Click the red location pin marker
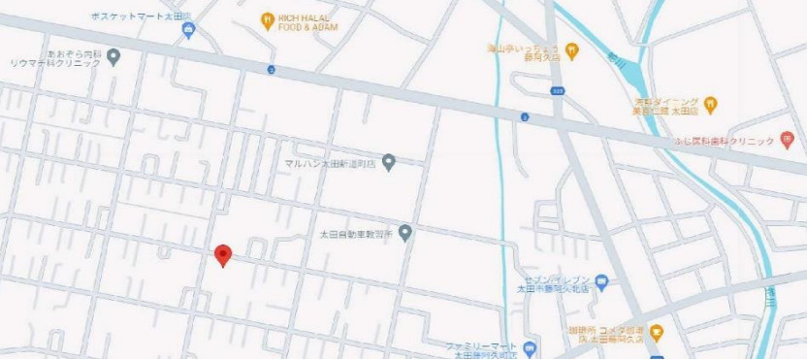click(223, 254)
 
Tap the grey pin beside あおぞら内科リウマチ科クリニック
click(113, 56)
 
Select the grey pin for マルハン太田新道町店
click(389, 162)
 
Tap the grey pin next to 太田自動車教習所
click(405, 233)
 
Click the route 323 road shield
click(557, 91)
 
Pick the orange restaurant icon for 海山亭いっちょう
click(572, 49)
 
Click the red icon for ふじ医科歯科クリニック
click(787, 141)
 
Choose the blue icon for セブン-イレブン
click(601, 282)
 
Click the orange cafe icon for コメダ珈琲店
click(656, 333)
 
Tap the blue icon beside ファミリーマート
click(529, 347)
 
